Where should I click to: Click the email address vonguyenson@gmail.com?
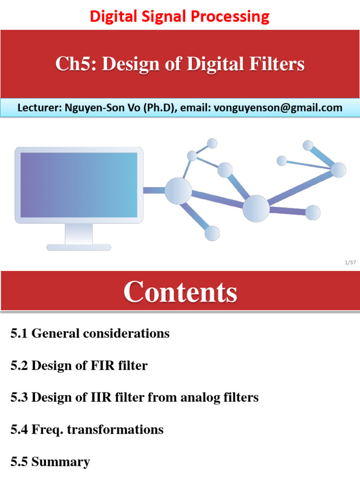[278, 108]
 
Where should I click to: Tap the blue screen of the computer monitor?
[79, 185]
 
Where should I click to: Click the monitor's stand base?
[79, 247]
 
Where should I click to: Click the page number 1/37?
[350, 262]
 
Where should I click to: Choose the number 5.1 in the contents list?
[19, 334]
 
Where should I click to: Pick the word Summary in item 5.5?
[60, 461]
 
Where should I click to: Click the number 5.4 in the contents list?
[19, 429]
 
